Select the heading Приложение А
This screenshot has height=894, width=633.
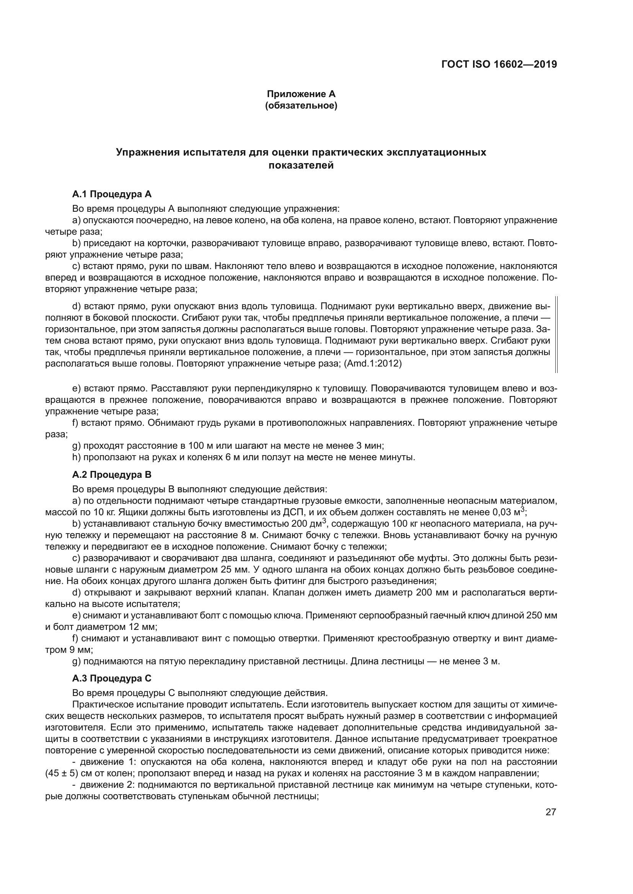click(301, 94)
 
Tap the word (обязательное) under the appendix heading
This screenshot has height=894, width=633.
click(301, 105)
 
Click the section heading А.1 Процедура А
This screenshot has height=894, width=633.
click(112, 194)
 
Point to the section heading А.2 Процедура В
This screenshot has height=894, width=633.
click(112, 474)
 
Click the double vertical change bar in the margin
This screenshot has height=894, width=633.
click(556, 334)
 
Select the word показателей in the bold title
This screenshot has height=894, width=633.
click(301, 165)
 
